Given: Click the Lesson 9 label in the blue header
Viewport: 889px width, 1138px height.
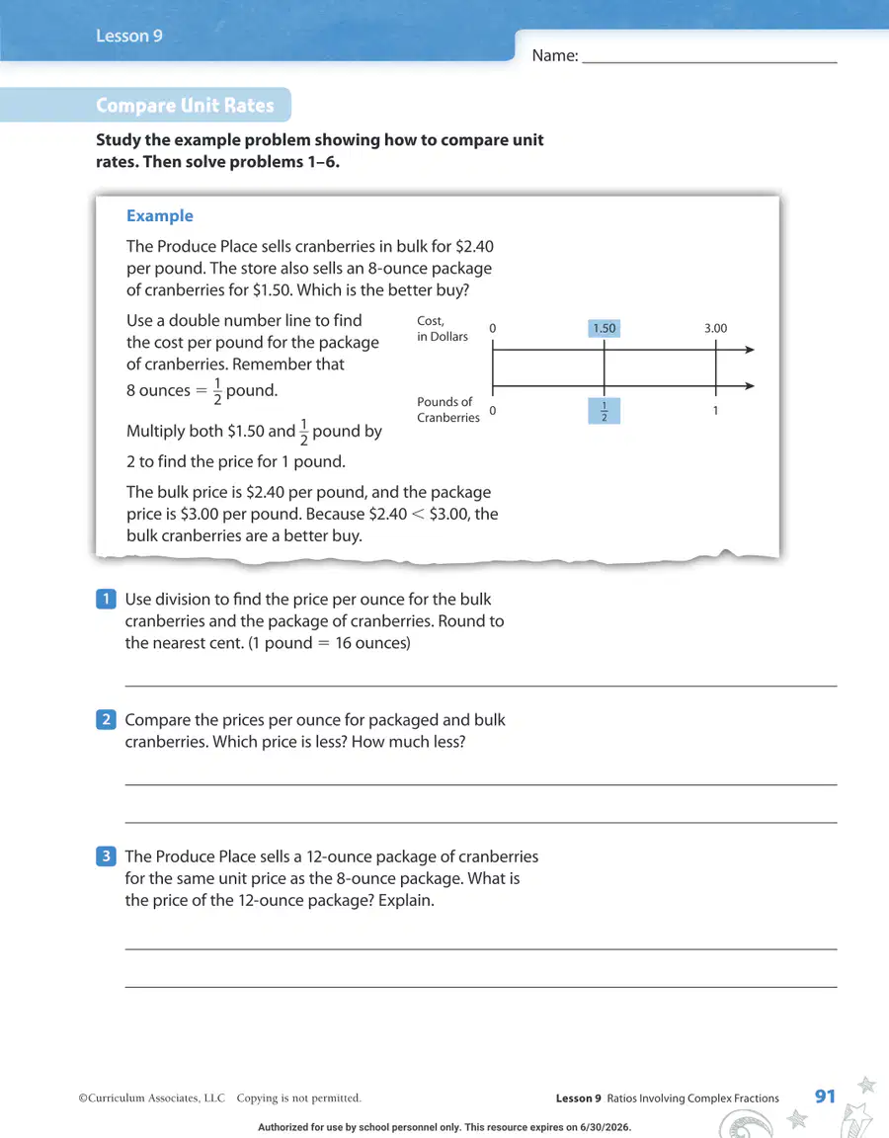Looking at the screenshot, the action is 129,36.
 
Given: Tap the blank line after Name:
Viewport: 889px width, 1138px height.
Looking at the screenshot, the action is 710,63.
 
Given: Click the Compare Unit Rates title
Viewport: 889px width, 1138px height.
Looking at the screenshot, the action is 185,106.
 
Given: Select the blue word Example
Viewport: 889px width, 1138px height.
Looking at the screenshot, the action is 160,215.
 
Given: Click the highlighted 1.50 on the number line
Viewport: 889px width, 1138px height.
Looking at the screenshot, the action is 604,328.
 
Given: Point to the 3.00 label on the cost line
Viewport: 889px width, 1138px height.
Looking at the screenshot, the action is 715,328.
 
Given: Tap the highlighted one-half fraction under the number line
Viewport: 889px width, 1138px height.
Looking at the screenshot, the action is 604,411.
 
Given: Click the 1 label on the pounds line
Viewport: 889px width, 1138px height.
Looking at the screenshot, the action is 715,411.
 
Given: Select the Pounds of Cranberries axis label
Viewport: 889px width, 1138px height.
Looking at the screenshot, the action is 447,409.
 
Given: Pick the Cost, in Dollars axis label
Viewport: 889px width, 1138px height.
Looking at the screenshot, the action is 442,328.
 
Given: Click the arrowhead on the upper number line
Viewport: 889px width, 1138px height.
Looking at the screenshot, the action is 750,350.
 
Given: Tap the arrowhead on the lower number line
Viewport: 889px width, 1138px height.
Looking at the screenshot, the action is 750,386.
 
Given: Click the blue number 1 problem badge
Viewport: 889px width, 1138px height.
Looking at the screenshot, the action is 106,599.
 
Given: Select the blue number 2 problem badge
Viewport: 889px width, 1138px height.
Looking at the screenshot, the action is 106,719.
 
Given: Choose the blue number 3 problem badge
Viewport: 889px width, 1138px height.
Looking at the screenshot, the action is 106,855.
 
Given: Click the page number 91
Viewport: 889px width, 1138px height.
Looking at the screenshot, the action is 825,1096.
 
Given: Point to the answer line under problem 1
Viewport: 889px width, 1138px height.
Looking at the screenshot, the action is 481,686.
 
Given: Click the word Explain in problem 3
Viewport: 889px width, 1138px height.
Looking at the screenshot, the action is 406,901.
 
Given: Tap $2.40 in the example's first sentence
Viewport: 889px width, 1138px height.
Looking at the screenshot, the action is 474,246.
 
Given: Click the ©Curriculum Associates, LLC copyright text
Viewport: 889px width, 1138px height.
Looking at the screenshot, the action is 152,1098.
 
